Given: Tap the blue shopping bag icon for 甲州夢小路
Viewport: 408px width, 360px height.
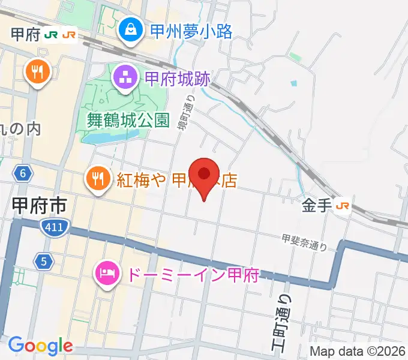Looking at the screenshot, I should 130,29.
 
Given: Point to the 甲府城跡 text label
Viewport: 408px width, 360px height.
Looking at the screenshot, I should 178,78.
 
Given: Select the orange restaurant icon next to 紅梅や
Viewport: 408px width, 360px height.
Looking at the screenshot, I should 97,178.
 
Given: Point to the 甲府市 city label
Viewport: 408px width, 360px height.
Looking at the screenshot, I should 39,206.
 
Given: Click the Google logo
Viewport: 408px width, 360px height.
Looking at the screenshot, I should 40,346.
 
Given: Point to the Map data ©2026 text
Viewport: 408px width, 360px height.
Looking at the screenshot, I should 358,351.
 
